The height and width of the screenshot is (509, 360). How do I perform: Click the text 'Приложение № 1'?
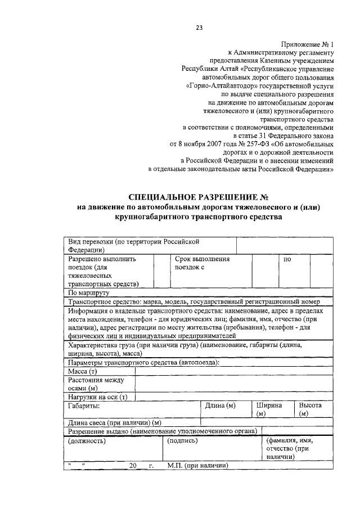306,43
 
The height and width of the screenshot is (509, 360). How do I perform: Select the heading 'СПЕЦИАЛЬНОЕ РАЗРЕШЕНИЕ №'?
199,197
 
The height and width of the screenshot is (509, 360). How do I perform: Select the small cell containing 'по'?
287,260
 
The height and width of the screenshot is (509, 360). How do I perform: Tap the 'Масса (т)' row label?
83,372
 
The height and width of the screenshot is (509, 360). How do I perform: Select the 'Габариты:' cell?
84,405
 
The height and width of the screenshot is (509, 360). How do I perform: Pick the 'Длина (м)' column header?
220,405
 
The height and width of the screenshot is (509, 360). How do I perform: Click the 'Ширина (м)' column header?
269,409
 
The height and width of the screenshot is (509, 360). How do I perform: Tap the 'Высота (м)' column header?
310,409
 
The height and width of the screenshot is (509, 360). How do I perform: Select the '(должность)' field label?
87,440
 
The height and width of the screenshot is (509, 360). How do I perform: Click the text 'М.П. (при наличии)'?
197,466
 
